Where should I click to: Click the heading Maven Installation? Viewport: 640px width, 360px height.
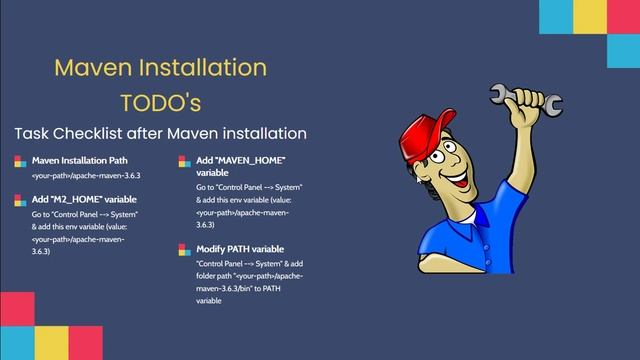pos(160,68)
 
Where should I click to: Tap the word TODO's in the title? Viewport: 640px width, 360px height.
pos(160,102)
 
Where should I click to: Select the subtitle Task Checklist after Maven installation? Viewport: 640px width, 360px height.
pos(160,133)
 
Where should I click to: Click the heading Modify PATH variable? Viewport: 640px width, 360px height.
pos(241,248)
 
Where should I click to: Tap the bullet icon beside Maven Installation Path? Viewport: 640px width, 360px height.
pos(19,160)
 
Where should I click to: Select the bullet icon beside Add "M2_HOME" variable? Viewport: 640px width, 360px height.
pos(19,200)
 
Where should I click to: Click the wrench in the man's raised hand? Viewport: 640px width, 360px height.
pos(509,101)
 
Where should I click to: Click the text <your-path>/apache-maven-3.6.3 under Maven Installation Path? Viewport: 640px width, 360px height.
pos(86,176)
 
